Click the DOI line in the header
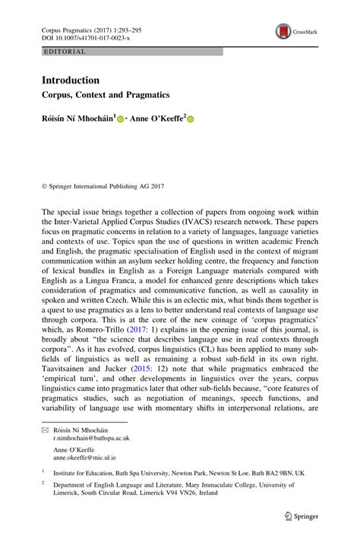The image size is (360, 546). pyautogui.click(x=81, y=37)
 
